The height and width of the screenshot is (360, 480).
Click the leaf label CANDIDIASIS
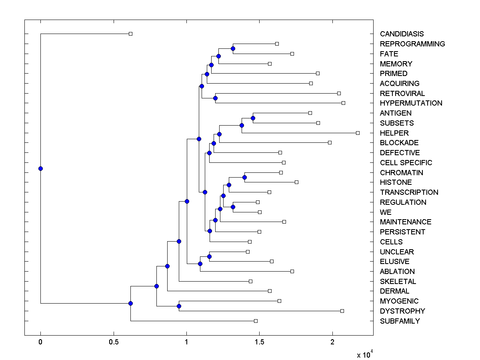click(x=402, y=34)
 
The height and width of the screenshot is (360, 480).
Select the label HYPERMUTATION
click(x=411, y=103)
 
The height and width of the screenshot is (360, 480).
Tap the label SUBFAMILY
click(x=400, y=321)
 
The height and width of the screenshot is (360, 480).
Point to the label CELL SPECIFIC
click(x=406, y=163)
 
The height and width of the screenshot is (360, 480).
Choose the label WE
click(x=386, y=212)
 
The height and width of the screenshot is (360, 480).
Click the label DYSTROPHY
click(x=402, y=311)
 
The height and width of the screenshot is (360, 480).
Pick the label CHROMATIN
click(x=401, y=172)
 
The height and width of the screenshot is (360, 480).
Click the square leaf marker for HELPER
click(x=358, y=133)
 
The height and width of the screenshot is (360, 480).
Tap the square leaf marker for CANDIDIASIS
click(x=130, y=34)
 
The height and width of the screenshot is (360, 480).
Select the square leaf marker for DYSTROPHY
click(x=342, y=311)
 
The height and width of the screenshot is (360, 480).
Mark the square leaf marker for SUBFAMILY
click(x=256, y=321)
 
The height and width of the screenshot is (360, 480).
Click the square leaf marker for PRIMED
click(x=318, y=73)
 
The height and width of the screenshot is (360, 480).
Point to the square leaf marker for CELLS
click(x=250, y=242)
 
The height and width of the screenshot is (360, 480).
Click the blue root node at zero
click(x=40, y=168)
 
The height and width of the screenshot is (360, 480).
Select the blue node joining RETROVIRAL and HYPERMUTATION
click(x=215, y=98)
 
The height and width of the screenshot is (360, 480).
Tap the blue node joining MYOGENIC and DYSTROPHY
click(x=179, y=306)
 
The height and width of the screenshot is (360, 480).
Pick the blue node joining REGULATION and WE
click(x=233, y=207)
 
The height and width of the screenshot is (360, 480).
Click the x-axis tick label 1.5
click(x=259, y=342)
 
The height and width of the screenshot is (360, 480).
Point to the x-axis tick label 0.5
click(x=114, y=342)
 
